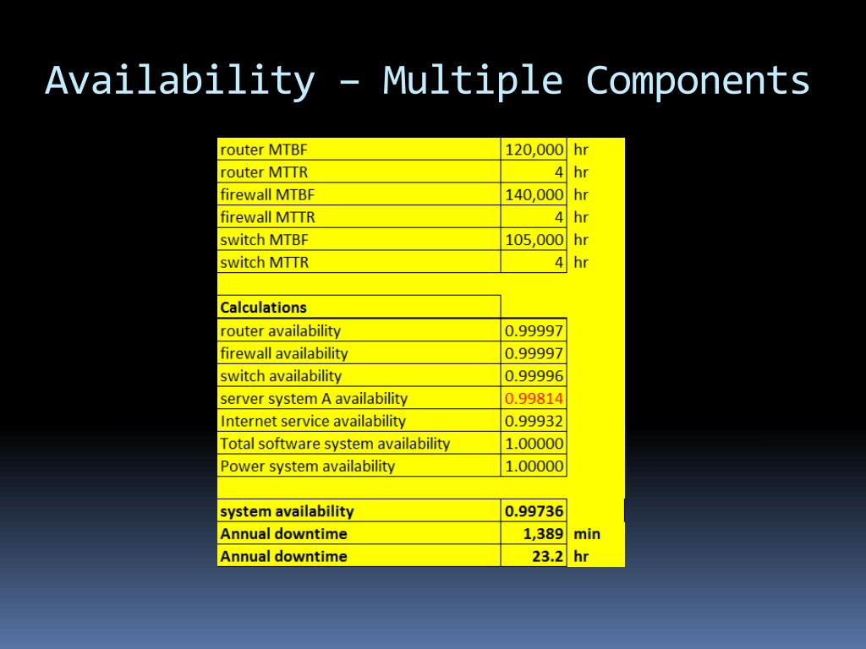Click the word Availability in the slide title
[x=179, y=81]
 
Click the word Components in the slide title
[x=698, y=81]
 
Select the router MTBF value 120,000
[x=534, y=150]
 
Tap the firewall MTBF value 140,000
[x=534, y=194]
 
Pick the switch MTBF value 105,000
[x=534, y=240]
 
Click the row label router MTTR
[x=264, y=172]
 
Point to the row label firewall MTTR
[x=267, y=217]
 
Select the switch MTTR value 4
[x=558, y=263]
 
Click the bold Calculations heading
[x=263, y=308]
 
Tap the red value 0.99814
[x=534, y=398]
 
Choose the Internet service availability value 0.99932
[x=534, y=421]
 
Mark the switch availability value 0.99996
[x=534, y=376]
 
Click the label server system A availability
[x=314, y=398]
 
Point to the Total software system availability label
[x=335, y=444]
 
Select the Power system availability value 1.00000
[x=534, y=466]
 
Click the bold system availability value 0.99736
[x=534, y=511]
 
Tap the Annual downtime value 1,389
[x=544, y=534]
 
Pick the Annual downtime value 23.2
[x=548, y=556]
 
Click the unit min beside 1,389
[x=587, y=534]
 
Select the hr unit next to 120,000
[x=581, y=150]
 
